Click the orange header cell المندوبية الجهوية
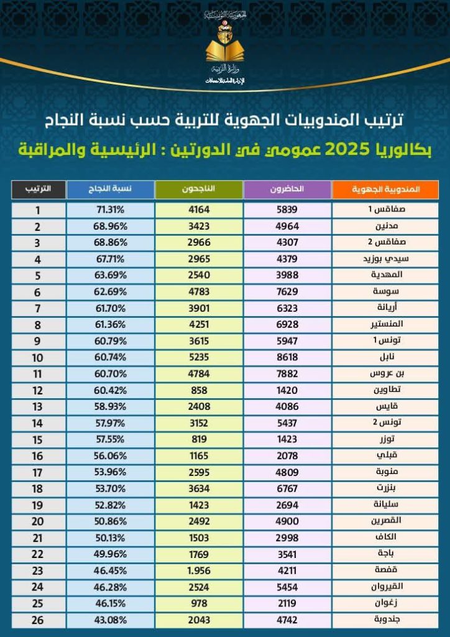tap(386, 188)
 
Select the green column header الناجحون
tap(199, 188)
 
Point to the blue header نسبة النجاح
tap(109, 188)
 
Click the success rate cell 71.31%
tap(111, 210)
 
